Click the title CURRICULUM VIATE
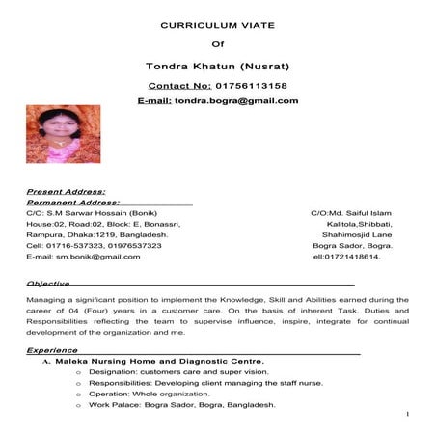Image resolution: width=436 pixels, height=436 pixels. click(x=217, y=23)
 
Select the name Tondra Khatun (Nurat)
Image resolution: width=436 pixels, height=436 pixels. click(x=217, y=67)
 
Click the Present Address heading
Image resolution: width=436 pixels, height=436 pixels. click(x=66, y=192)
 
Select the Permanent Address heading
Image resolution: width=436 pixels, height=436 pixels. click(x=73, y=203)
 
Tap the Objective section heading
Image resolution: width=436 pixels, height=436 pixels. click(x=48, y=284)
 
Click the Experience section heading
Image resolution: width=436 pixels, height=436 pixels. click(x=52, y=349)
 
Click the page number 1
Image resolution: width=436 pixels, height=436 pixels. click(x=409, y=415)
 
